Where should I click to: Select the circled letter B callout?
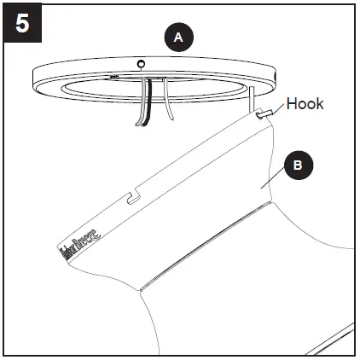click(297, 166)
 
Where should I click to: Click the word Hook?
click(305, 103)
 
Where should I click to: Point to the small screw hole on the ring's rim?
click(142, 62)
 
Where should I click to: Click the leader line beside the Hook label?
click(276, 108)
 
